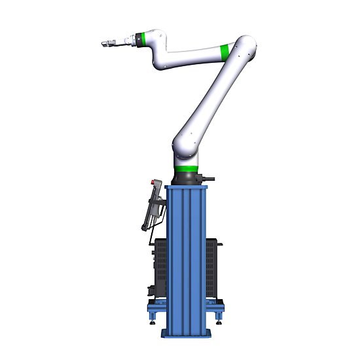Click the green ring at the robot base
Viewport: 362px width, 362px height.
[187, 168]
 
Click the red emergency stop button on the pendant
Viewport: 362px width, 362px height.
[154, 183]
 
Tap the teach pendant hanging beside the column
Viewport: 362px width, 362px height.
[153, 207]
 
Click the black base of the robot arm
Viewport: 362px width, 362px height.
[187, 178]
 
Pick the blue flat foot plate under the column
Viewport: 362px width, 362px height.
[187, 334]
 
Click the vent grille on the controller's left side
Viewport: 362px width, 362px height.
[160, 268]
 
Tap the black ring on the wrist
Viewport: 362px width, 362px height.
[132, 41]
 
